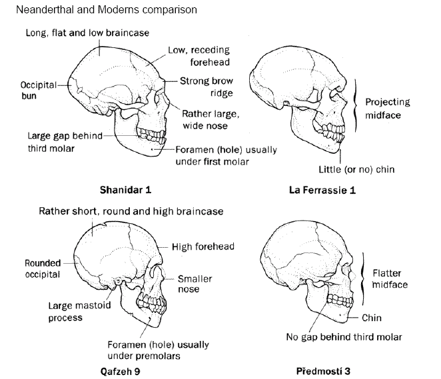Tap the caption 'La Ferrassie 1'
pos(322,190)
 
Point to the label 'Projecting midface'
pos(387,108)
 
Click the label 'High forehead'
pos(203,246)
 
